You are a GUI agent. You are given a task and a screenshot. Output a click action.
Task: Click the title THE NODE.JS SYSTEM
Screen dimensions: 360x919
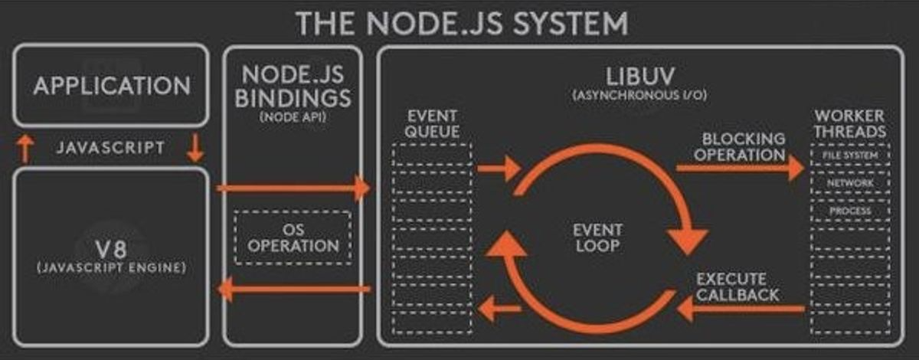(x=462, y=22)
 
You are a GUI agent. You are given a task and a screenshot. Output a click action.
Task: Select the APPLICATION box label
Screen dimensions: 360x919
(x=111, y=85)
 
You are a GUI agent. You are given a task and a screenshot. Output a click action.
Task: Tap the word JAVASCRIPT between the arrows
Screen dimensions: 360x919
(x=110, y=148)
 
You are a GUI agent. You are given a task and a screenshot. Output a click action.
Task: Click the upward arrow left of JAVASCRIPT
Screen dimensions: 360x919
(x=25, y=149)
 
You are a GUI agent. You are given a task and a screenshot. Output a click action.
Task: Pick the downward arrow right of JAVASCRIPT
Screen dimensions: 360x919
(x=195, y=147)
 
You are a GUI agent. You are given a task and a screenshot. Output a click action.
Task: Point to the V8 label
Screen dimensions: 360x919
(x=111, y=248)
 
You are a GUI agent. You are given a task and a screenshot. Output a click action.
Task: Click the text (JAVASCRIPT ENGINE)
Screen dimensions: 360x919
(x=111, y=269)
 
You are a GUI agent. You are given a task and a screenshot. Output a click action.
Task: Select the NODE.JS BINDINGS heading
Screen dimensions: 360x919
(x=292, y=87)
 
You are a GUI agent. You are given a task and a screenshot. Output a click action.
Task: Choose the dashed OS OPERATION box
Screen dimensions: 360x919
(x=292, y=237)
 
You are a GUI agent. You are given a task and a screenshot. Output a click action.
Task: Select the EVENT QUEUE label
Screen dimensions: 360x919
(x=433, y=123)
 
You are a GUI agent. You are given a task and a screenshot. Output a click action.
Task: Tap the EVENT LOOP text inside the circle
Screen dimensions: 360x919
(x=597, y=237)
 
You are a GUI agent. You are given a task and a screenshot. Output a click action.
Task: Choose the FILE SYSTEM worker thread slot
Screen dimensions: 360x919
(x=850, y=155)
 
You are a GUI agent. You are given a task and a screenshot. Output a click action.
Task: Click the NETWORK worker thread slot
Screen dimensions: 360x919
(x=850, y=183)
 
